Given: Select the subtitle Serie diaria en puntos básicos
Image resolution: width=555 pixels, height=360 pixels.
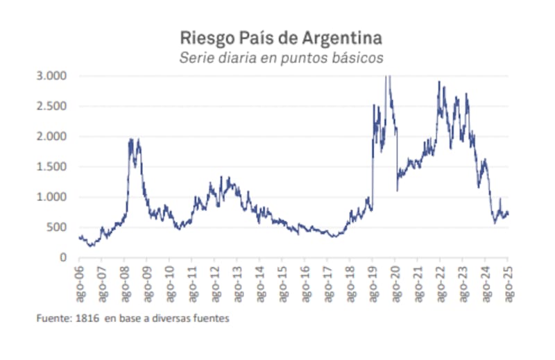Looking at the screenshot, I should pos(280,58).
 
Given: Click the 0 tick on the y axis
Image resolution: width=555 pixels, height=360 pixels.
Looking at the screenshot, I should pos(63,257).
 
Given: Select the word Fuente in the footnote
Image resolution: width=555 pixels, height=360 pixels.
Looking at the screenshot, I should pos(53,319).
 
